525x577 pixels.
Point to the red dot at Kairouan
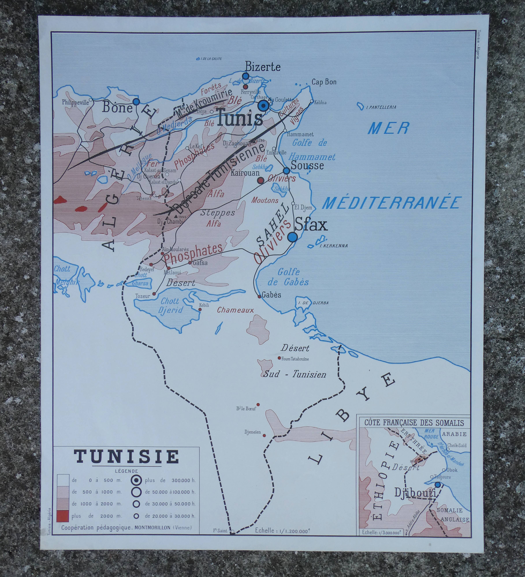point(260,180)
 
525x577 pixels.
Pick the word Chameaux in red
point(235,310)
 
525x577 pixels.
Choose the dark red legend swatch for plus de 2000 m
point(63,516)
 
